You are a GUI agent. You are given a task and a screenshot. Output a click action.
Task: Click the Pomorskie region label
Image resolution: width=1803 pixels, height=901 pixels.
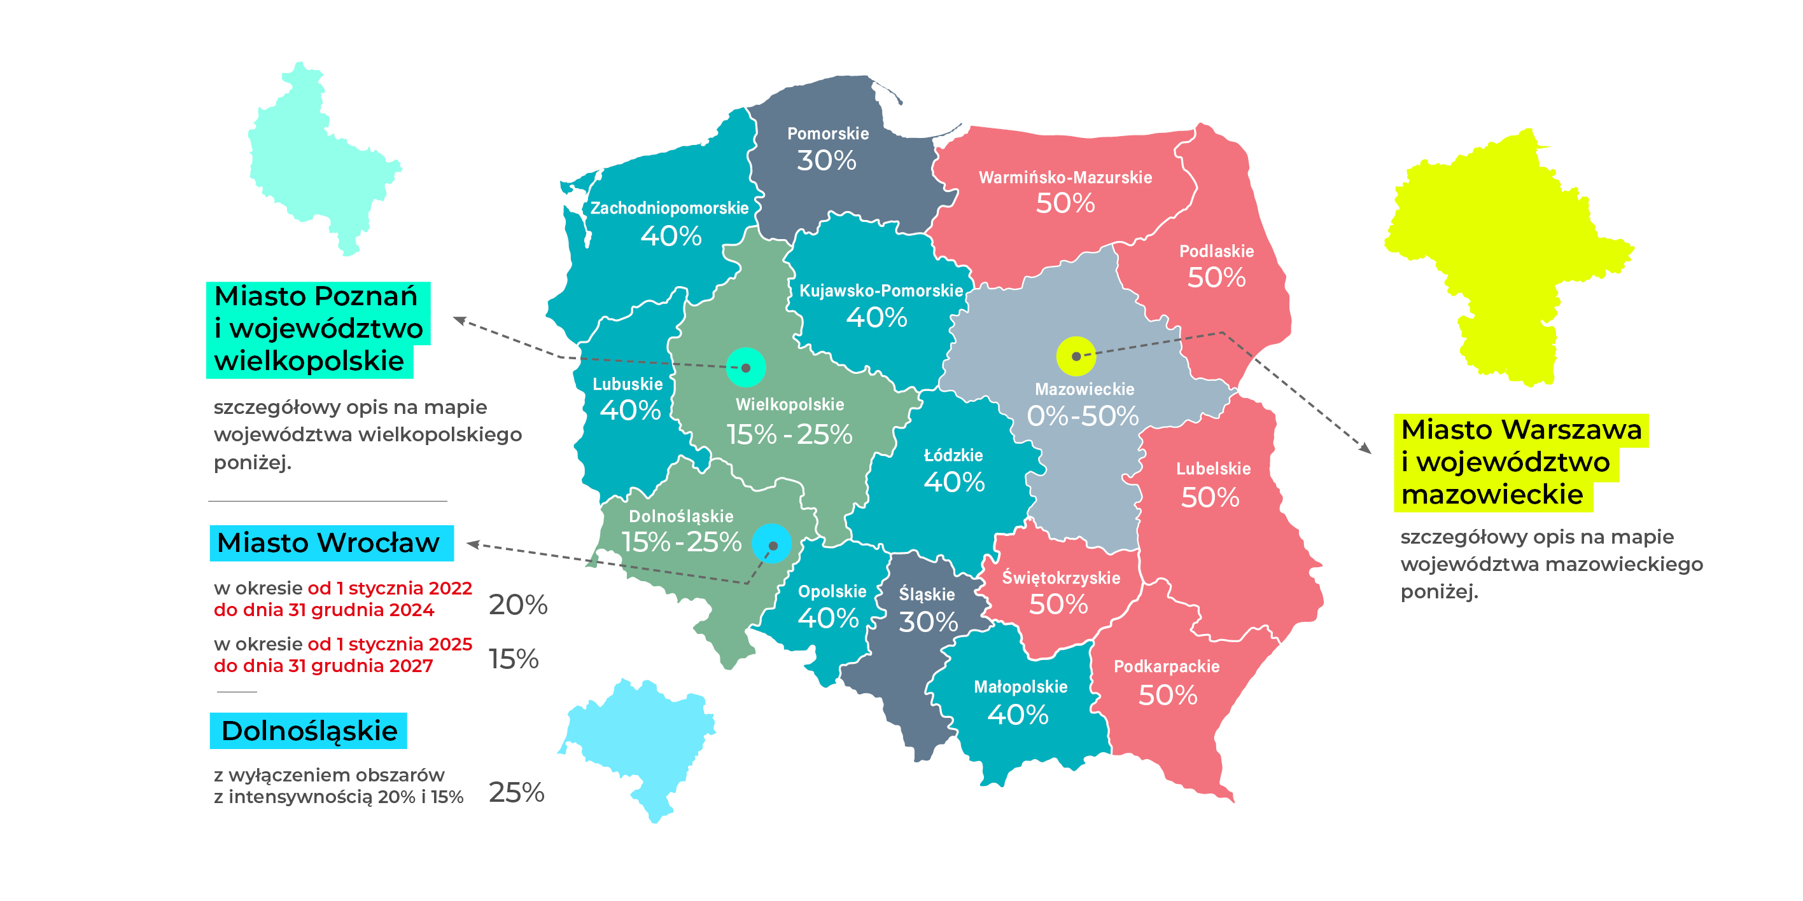(x=827, y=134)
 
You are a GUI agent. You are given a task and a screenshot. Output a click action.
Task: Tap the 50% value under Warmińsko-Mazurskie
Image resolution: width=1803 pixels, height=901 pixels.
(x=1065, y=203)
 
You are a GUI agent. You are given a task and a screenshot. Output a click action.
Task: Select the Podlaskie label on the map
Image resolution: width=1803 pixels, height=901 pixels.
(x=1216, y=251)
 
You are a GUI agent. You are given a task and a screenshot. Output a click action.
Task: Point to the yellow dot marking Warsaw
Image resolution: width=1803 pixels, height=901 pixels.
(x=1075, y=356)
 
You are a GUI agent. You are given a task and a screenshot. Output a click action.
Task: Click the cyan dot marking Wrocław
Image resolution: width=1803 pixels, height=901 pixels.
(x=772, y=544)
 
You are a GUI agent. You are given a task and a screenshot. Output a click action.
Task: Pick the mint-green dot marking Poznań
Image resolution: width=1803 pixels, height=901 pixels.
(x=745, y=368)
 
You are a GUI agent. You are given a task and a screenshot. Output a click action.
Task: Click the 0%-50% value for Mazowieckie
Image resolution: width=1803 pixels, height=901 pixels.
(x=1082, y=416)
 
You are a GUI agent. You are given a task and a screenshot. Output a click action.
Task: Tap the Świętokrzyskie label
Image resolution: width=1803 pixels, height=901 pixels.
(x=1060, y=578)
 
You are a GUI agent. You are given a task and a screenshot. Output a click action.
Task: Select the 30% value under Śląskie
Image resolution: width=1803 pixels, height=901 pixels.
(x=927, y=622)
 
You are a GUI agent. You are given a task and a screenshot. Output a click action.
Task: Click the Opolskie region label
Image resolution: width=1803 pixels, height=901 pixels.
(x=832, y=592)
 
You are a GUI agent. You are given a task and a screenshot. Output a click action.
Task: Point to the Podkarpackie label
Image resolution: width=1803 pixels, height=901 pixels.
(x=1166, y=666)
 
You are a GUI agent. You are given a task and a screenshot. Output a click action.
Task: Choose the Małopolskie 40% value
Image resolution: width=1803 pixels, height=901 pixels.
(x=1018, y=715)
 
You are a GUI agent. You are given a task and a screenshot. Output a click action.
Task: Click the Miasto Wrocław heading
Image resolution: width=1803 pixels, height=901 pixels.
(x=329, y=543)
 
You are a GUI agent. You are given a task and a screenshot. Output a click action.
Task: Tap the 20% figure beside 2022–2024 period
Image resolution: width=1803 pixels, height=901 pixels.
(x=517, y=605)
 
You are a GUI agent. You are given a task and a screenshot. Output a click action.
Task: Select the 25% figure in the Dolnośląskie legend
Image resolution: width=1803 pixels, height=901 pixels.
(x=516, y=792)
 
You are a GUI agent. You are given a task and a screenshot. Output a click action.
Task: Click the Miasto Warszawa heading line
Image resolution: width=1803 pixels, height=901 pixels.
(x=1520, y=429)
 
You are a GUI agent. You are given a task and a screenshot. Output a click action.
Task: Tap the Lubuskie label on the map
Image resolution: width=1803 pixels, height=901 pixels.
(x=627, y=384)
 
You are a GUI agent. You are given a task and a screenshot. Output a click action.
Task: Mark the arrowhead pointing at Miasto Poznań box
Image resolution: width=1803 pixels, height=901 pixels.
(x=458, y=320)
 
